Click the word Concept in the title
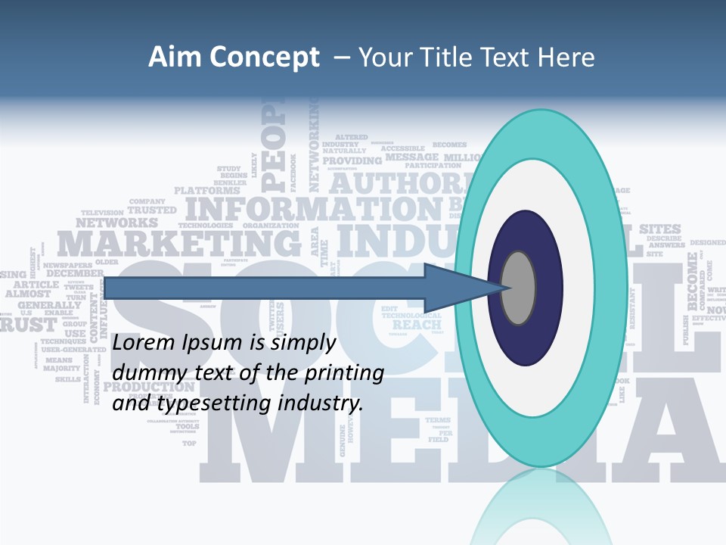click(264, 58)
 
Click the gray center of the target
click(519, 288)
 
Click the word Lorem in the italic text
click(144, 343)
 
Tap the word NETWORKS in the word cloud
click(116, 223)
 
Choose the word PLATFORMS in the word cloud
click(207, 191)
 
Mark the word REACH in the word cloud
click(417, 325)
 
